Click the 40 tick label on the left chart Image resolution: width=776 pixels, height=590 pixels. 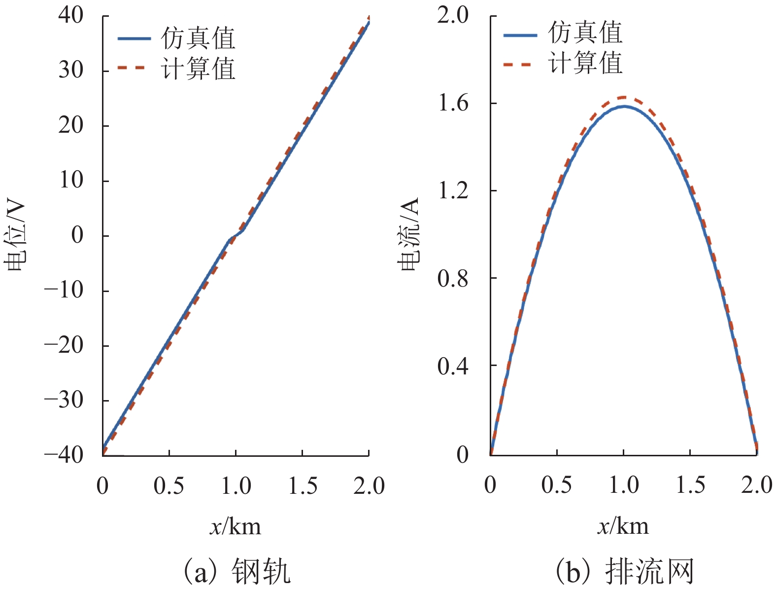(71, 16)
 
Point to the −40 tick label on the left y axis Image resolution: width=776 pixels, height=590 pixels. (64, 455)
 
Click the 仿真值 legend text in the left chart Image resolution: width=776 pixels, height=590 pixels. (198, 38)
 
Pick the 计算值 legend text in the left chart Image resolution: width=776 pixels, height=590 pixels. (198, 69)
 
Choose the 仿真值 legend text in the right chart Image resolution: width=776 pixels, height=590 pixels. (585, 33)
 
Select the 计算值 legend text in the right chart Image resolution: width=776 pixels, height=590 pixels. (585, 63)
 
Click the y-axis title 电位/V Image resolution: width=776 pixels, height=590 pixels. (15, 236)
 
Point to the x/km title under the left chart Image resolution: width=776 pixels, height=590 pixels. (236, 527)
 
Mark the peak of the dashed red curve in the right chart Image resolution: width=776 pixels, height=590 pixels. (624, 97)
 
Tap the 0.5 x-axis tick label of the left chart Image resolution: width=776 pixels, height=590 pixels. (169, 486)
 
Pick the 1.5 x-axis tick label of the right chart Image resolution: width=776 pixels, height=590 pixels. (690, 485)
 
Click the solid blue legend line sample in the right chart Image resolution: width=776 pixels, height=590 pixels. (520, 35)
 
